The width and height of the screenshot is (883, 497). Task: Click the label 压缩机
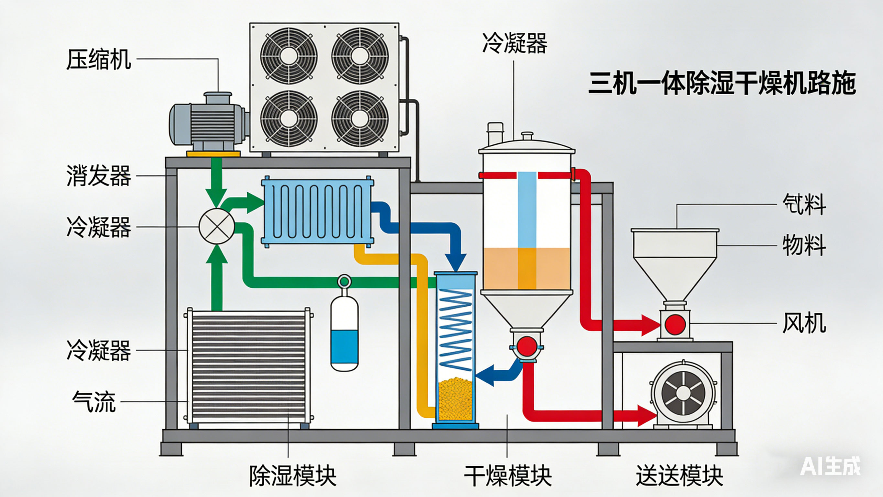(99, 59)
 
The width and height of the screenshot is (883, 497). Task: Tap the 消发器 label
(99, 175)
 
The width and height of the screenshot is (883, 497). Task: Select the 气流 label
(94, 401)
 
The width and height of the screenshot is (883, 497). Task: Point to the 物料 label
(804, 245)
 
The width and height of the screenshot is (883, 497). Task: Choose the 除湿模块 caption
(292, 476)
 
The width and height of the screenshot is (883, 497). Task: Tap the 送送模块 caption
(679, 476)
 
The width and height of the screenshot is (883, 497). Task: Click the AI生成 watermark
(830, 466)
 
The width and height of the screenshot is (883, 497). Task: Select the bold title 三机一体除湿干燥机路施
(722, 84)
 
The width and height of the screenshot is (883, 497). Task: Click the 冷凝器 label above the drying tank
(515, 43)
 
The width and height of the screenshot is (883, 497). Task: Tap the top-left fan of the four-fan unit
(289, 56)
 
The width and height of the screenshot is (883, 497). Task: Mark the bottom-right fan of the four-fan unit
(360, 119)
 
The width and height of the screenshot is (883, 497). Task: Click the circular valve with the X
(217, 227)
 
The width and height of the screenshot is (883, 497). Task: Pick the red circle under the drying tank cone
(527, 346)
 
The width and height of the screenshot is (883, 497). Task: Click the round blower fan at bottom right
(683, 393)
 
